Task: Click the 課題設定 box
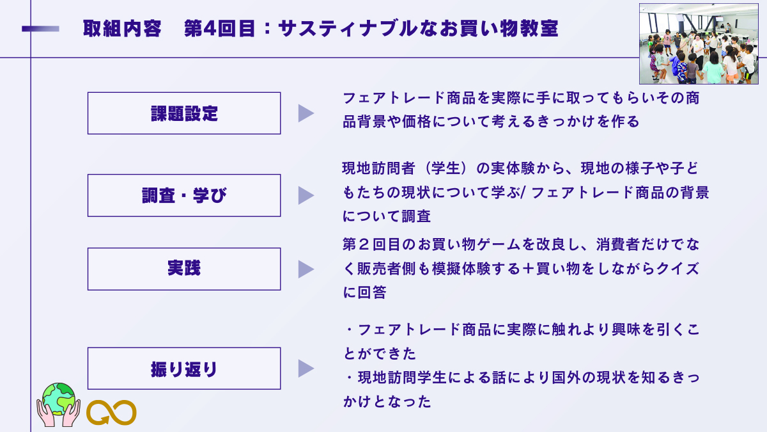point(184,113)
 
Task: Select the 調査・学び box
point(184,195)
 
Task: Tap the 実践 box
point(184,269)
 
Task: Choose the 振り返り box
point(184,369)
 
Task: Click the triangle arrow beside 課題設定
point(306,113)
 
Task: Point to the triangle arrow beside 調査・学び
point(306,195)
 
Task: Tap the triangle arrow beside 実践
point(306,269)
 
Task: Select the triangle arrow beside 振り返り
point(306,369)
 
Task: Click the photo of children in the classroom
point(699,44)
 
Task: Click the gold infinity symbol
point(111,413)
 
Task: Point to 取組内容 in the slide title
point(122,29)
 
